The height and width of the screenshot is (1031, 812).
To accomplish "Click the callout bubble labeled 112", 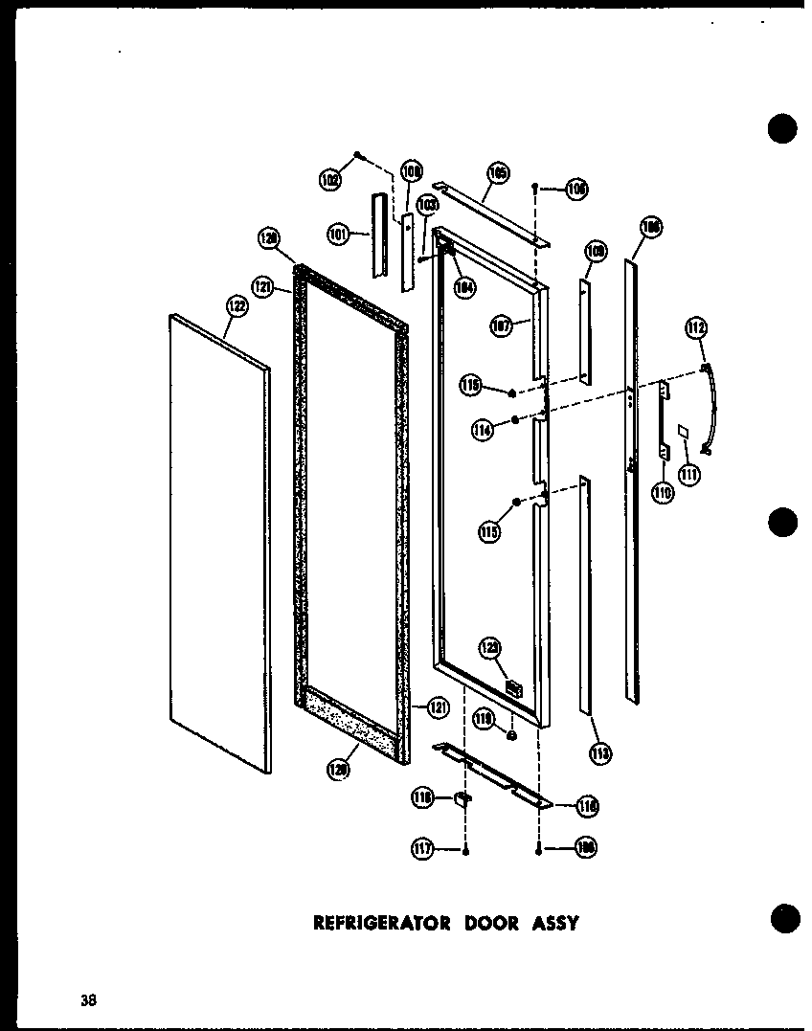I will point(695,329).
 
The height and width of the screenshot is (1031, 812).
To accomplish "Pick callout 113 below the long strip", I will point(600,753).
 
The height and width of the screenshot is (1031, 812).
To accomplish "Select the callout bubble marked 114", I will point(484,430).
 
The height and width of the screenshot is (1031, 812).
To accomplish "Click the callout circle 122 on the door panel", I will point(237,306).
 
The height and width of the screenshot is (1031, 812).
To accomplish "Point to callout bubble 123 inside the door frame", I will point(490,648).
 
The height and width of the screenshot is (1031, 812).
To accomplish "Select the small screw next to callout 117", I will point(465,849).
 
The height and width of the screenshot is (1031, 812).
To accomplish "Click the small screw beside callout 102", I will point(357,154).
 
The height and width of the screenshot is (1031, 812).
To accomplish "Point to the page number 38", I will point(89,1001).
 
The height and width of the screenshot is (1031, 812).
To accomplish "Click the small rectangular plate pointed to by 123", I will point(513,686).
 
